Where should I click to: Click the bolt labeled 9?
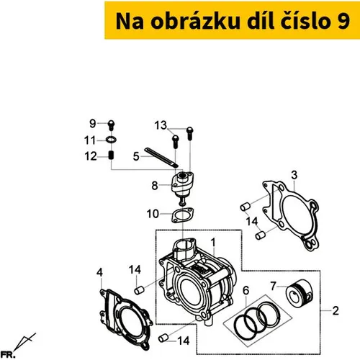pos(112,125)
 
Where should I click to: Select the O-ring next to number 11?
pos(112,140)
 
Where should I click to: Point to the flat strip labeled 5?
pos(161,158)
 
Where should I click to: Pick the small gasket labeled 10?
pos(183,215)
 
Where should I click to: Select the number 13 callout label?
pos(161,125)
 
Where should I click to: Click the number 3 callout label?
pos(294,175)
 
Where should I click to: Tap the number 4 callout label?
pos(100,273)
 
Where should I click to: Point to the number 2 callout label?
pos(336,310)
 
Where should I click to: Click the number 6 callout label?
pos(246,291)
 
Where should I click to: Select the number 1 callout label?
pos(213,243)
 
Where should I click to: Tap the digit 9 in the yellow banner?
pos(343,22)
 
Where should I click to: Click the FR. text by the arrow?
pos(8,355)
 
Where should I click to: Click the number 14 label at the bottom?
pos(184,341)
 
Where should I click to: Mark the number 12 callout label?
pos(91,156)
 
